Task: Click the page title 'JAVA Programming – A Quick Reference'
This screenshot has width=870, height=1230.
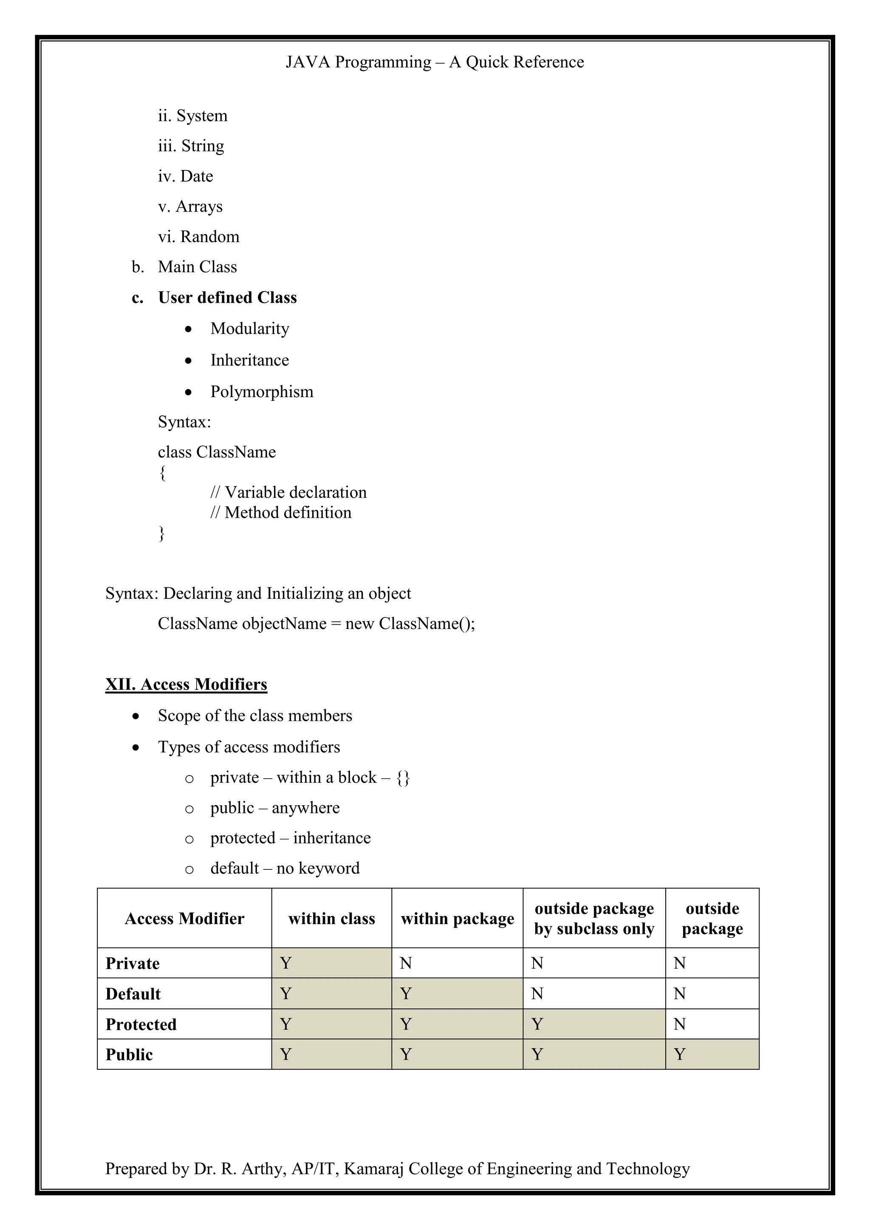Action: click(435, 62)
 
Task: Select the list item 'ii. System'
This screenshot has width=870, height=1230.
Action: click(192, 116)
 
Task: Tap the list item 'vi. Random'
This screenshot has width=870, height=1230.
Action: click(198, 237)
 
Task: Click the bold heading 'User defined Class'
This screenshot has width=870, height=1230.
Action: click(227, 298)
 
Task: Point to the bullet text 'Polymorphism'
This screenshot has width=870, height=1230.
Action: click(261, 392)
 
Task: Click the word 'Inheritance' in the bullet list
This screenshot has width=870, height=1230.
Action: click(250, 361)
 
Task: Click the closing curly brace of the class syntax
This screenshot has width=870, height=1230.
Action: click(162, 533)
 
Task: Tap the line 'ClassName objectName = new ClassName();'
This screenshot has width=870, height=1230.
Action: click(316, 624)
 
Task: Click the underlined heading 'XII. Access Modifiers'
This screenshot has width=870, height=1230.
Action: click(186, 685)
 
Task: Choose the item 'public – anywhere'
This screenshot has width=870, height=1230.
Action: click(275, 808)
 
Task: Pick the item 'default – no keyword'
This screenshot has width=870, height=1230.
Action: click(285, 869)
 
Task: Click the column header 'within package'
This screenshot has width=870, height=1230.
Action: click(457, 919)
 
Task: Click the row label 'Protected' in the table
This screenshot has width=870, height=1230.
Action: click(141, 1024)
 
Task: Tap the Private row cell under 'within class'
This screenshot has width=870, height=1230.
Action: click(331, 963)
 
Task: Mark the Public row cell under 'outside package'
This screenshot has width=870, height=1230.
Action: click(712, 1054)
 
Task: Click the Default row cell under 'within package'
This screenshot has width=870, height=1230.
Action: click(457, 994)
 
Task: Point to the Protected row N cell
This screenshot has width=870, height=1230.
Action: click(712, 1024)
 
